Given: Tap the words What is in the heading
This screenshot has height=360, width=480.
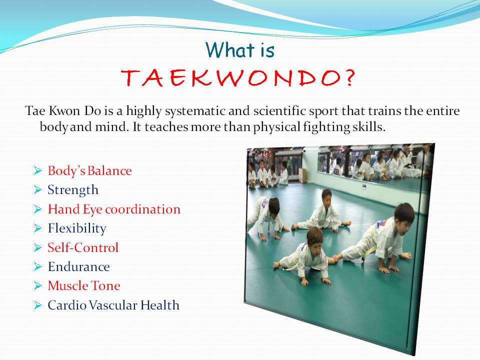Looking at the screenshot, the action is coord(240,50).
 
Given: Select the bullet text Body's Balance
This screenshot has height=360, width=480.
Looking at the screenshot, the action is coord(89,170).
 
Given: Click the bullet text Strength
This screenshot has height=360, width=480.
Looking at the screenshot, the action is coord(73,190).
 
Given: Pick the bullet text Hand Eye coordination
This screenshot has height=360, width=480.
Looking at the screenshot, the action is coord(114,209).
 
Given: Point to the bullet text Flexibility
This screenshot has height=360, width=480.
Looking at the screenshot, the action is coord(77,228).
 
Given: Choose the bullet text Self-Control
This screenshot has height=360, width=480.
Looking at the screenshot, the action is coord(83,247).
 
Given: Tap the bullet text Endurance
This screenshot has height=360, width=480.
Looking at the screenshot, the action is coord(78,266).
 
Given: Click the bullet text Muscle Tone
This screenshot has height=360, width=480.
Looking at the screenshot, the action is coord(84,285).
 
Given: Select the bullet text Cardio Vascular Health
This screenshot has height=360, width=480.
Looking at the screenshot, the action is coord(113,305).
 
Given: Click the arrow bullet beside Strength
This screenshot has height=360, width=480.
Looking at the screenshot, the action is coord(37,190).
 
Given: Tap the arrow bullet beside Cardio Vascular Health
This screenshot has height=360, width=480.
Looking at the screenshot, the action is coord(37,305).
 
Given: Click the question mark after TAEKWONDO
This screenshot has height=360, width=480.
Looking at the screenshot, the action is coord(350,78).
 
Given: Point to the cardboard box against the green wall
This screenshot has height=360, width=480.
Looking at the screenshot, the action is coord(303,175).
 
